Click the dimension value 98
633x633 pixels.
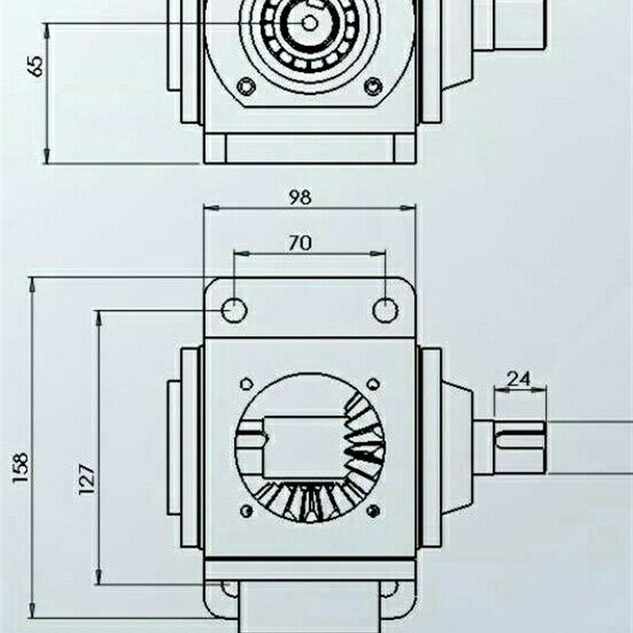tap(300, 197)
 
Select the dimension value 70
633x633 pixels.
tap(300, 243)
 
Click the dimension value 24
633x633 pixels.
tap(518, 378)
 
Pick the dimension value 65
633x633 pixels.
tap(36, 66)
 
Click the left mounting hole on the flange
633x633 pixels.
tap(234, 310)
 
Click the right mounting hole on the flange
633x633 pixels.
tap(385, 310)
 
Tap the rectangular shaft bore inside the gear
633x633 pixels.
tap(305, 447)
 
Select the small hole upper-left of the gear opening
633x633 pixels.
tap(245, 384)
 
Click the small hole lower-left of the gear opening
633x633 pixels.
tap(245, 511)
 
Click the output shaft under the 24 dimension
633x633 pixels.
tap(518, 447)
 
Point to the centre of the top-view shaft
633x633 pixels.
tap(309, 22)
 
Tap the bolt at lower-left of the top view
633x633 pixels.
tap(247, 85)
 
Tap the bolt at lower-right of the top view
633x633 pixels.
tap(373, 85)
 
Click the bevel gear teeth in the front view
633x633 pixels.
tap(360, 451)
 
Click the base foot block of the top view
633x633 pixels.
tap(309, 148)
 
